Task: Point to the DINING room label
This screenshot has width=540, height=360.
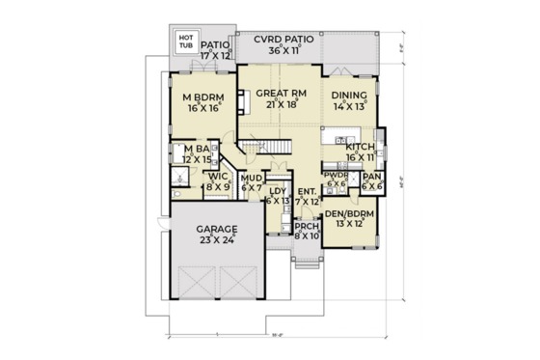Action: (x=350, y=95)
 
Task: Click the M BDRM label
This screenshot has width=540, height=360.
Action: (x=202, y=97)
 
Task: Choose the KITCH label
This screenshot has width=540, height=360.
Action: (x=360, y=145)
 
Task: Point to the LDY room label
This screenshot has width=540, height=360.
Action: (x=278, y=191)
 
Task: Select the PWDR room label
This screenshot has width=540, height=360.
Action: (x=337, y=176)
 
